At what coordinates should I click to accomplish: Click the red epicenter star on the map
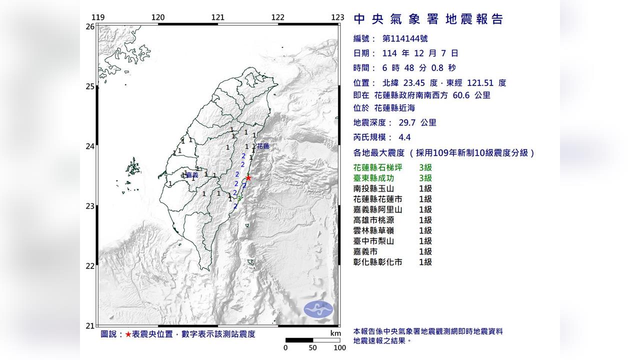[x=248, y=177]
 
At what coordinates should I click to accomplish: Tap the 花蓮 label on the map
[x=263, y=146]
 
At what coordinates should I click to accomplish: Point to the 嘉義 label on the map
[x=192, y=175]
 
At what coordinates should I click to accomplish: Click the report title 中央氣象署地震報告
[x=428, y=19]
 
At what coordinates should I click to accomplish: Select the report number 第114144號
[x=404, y=38]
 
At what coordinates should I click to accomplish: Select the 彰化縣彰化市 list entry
[x=377, y=262]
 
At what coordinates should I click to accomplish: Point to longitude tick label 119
[x=98, y=17]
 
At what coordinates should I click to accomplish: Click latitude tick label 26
[x=90, y=26]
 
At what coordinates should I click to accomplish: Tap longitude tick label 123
[x=337, y=17]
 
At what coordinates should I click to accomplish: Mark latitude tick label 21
[x=90, y=326]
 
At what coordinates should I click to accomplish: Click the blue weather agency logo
[x=318, y=309]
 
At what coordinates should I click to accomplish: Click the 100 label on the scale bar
[x=339, y=347]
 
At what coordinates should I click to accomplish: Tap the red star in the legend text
[x=128, y=334]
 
